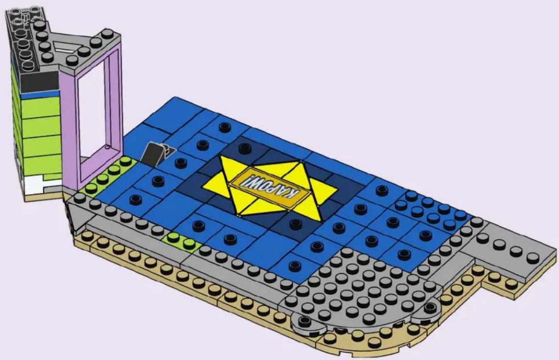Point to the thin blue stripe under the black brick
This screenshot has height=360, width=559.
(41, 95)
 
